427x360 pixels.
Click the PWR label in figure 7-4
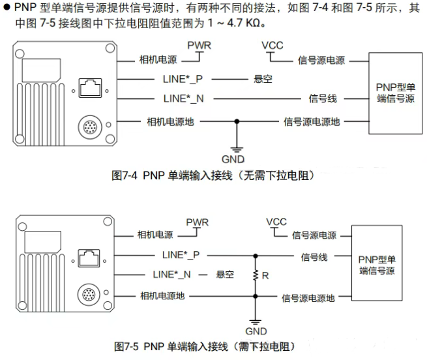[x=199, y=45]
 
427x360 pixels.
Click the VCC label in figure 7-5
[x=276, y=222]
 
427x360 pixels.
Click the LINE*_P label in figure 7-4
[x=183, y=80]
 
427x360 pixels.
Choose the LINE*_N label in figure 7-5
[x=171, y=275]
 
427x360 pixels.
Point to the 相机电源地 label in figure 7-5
[x=162, y=296]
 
